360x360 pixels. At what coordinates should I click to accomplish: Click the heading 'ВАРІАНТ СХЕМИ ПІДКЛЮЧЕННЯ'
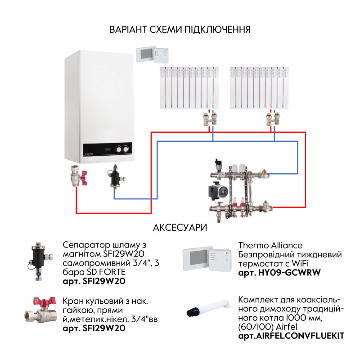[x=180, y=30]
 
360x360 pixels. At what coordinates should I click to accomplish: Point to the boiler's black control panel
[x=107, y=150]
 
